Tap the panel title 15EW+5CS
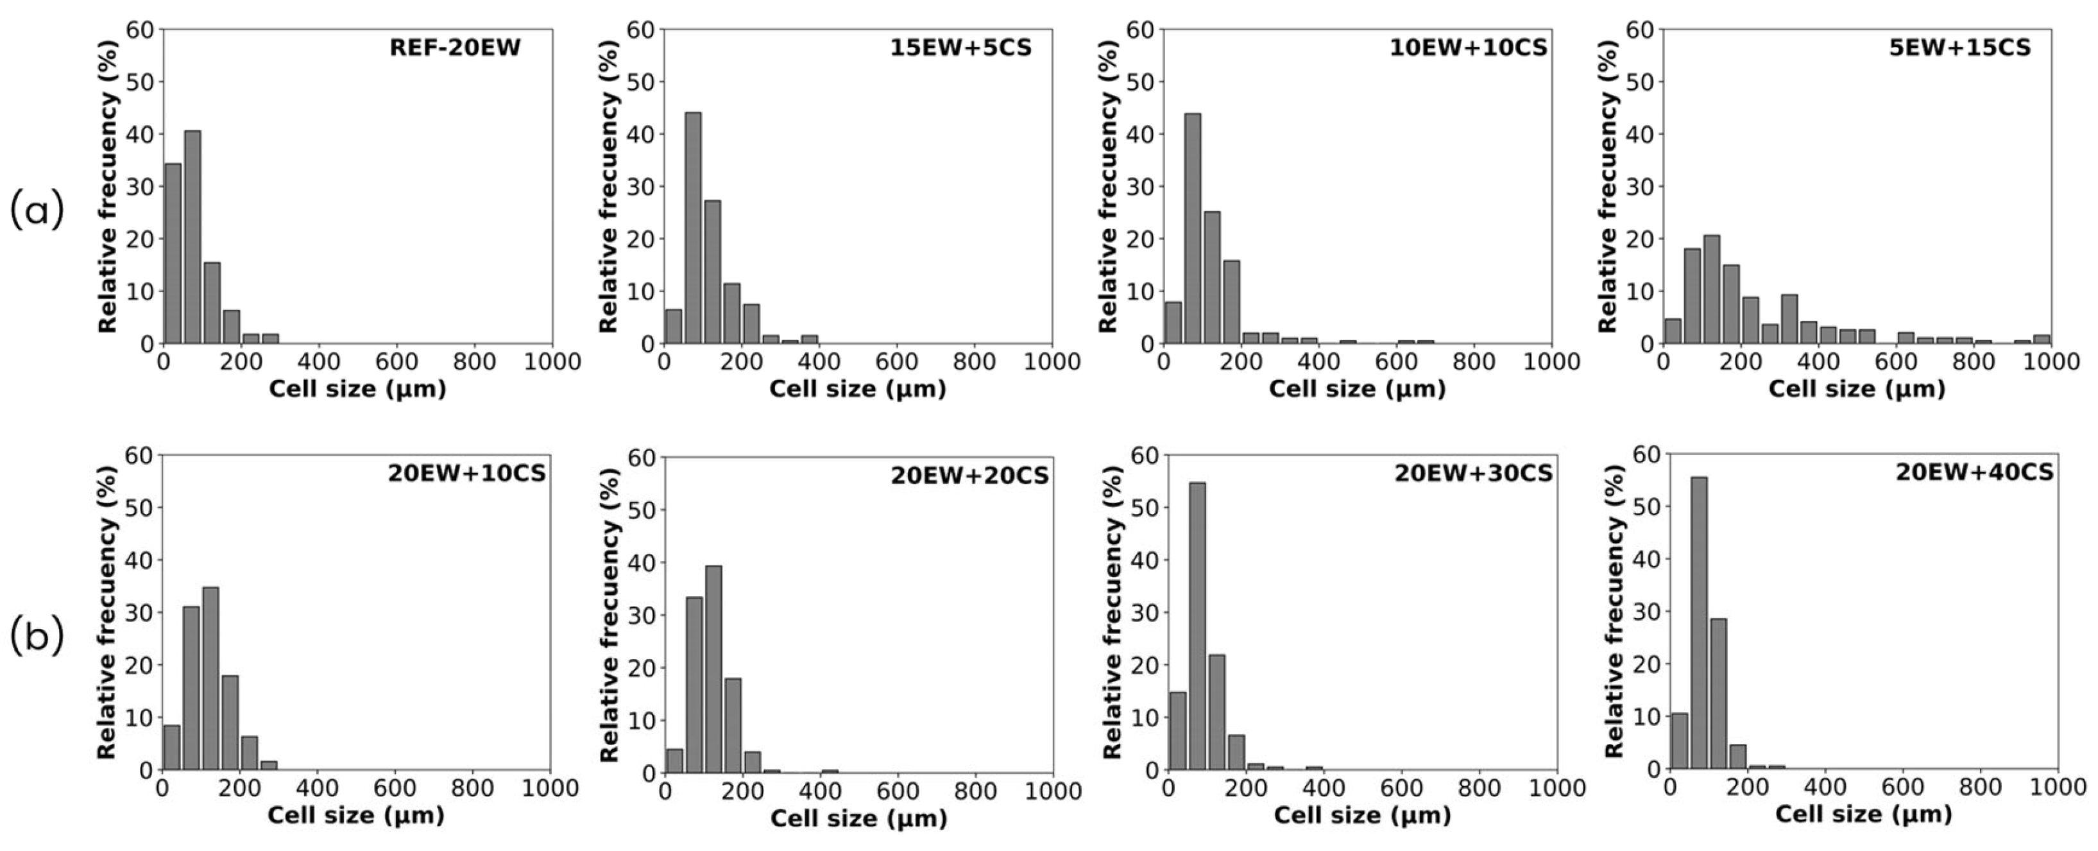961,48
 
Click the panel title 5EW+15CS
1959,48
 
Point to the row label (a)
37,211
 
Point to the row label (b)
37,637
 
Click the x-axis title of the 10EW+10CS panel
1357,390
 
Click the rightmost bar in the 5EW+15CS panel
2042,339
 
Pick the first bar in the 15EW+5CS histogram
674,327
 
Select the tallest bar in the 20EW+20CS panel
713,669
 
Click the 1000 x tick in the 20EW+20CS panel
1052,791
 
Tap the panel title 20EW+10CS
466,473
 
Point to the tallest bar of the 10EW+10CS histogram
1192,229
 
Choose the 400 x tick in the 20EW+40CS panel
1825,787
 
